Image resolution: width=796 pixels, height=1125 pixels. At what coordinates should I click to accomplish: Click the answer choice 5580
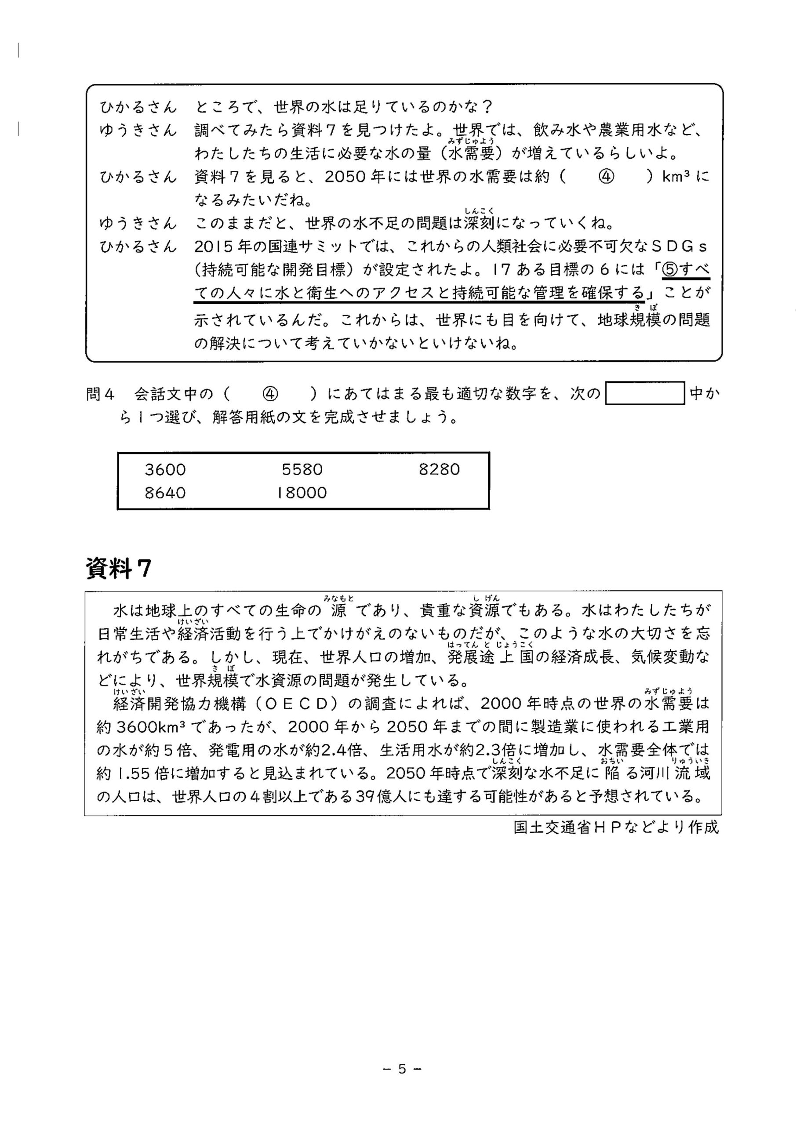[x=302, y=469]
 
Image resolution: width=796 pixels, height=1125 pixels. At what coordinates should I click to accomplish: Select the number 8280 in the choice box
[x=439, y=469]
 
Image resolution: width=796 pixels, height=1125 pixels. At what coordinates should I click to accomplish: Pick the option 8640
[x=165, y=493]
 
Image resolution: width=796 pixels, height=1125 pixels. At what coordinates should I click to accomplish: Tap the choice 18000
[x=302, y=493]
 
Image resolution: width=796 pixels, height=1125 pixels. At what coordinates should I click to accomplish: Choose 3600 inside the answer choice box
[x=165, y=469]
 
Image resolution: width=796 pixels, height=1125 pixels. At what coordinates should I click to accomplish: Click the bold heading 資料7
[x=119, y=568]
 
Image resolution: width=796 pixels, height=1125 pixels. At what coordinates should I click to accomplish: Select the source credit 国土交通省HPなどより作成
[x=616, y=827]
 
